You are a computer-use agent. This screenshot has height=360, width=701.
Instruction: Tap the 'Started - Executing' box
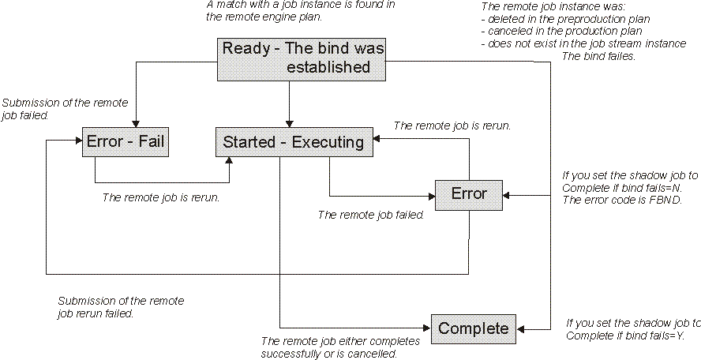[x=294, y=142]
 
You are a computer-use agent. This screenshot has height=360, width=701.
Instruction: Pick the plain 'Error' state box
[x=469, y=193]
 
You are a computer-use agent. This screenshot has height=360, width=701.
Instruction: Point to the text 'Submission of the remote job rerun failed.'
[x=120, y=307]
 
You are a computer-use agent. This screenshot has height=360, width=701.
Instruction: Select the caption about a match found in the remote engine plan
[x=300, y=10]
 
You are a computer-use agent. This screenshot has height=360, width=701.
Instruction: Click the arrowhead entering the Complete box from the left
[x=427, y=327]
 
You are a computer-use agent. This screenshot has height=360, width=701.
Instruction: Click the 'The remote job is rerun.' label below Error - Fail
[x=160, y=197]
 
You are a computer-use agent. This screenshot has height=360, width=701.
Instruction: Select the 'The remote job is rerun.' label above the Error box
[x=452, y=125]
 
